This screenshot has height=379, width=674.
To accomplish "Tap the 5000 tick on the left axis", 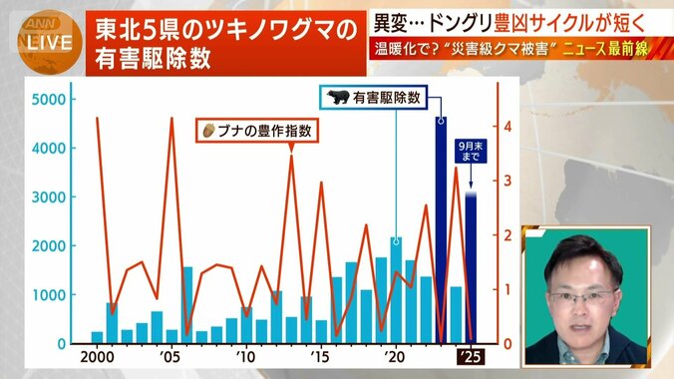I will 49,100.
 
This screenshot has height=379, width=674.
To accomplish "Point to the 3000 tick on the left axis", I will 49,196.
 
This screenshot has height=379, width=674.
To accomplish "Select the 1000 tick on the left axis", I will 49,295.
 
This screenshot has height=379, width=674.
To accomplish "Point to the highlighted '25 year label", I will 470,357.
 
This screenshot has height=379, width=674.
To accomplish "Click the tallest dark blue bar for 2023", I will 441,229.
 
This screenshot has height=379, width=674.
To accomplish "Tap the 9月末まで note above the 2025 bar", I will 470,151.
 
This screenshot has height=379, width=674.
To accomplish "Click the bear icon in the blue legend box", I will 338,98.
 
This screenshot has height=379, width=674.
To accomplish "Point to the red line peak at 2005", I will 171,119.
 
